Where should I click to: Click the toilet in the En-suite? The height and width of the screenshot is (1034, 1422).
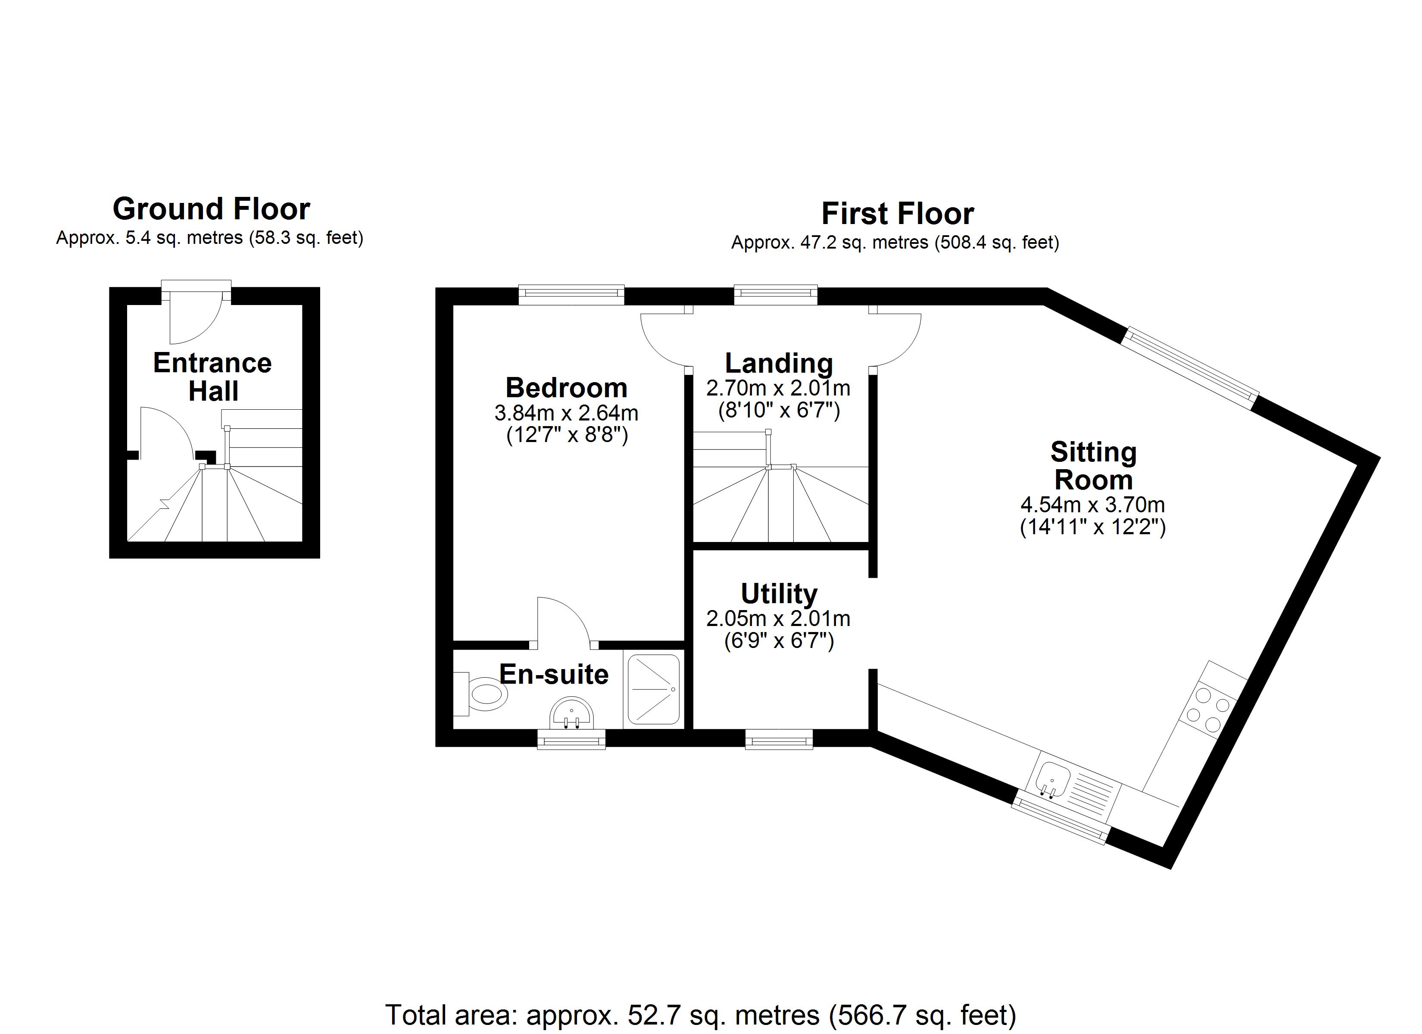(x=483, y=694)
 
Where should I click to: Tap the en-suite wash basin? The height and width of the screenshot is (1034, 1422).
(x=571, y=715)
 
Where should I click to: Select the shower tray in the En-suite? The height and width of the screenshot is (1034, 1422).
(x=654, y=690)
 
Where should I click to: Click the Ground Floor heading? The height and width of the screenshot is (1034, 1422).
(x=211, y=209)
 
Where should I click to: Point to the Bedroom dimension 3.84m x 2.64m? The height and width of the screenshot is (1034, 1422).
(x=566, y=413)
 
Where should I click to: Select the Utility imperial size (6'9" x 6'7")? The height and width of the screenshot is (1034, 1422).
(x=779, y=641)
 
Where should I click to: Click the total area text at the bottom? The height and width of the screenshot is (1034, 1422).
(x=700, y=1015)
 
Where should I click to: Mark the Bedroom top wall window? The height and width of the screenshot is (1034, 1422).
(x=571, y=295)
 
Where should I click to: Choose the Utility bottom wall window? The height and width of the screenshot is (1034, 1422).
(x=779, y=739)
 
